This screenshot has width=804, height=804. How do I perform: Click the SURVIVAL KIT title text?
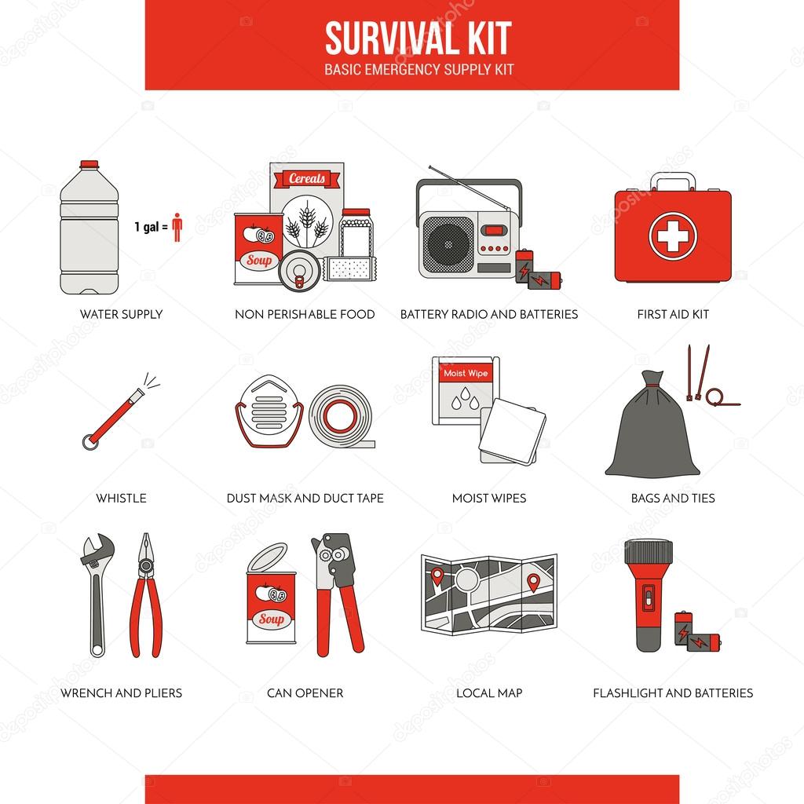pos(418,37)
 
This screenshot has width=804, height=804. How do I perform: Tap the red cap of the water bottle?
pos(90,163)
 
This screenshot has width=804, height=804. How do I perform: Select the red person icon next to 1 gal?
pos(177,227)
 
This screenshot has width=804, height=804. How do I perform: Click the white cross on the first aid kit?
pos(673,236)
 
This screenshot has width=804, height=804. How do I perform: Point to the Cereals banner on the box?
pos(307,179)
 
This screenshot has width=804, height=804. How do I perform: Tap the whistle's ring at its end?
pos(88,441)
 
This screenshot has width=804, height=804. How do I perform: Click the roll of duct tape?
pos(341,415)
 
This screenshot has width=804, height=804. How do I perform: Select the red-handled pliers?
pos(145,597)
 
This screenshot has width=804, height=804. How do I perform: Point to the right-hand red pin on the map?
pos(534,582)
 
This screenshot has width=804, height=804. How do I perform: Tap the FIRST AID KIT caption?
pos(673,314)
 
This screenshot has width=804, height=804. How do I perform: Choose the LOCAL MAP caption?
pos(488,693)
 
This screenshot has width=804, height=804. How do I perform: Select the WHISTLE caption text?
pos(121,498)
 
